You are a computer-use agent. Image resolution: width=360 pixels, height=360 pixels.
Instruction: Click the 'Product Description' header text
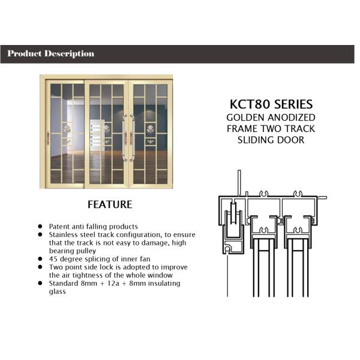pos(51,54)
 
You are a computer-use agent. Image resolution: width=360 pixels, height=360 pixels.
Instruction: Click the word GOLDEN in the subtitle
pos(244,118)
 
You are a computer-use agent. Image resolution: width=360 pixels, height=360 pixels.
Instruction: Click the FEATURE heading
pos(110,205)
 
